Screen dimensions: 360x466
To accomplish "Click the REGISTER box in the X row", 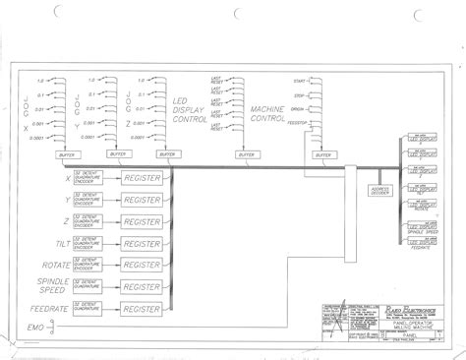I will tap(144, 177).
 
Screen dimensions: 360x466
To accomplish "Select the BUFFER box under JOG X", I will tap(67, 154).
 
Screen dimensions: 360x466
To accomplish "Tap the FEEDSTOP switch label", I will tap(295, 122).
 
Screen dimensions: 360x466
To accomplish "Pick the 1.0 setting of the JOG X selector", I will tap(41, 80).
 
